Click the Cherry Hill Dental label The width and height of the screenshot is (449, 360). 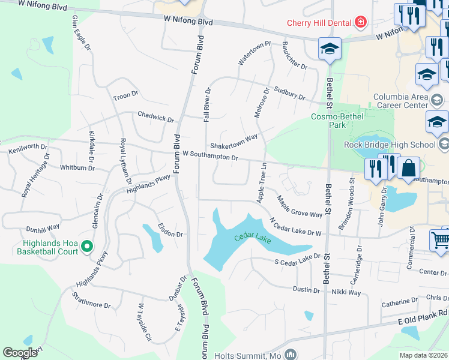tap(319, 23)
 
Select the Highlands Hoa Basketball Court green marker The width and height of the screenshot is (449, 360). tap(87, 247)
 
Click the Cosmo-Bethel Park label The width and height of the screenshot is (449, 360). tap(337, 120)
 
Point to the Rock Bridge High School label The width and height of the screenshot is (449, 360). tap(390, 145)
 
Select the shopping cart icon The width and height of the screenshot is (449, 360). tap(441, 240)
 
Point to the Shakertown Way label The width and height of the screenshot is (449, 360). tap(234, 142)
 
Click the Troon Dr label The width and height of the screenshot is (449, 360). tap(125, 96)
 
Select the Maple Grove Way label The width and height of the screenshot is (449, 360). tap(299, 205)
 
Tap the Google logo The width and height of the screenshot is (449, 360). tap(20, 353)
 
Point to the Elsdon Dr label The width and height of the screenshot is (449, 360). tap(169, 230)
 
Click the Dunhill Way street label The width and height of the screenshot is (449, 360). tap(42, 228)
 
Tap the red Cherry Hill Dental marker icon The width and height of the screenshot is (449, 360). tap(360, 23)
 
